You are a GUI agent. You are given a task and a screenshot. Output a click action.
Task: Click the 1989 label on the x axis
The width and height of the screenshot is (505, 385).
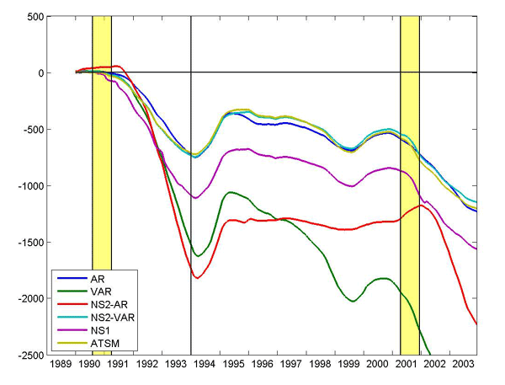click(x=61, y=366)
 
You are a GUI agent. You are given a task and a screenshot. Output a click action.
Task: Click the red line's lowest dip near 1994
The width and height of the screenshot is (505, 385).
click(x=198, y=277)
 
